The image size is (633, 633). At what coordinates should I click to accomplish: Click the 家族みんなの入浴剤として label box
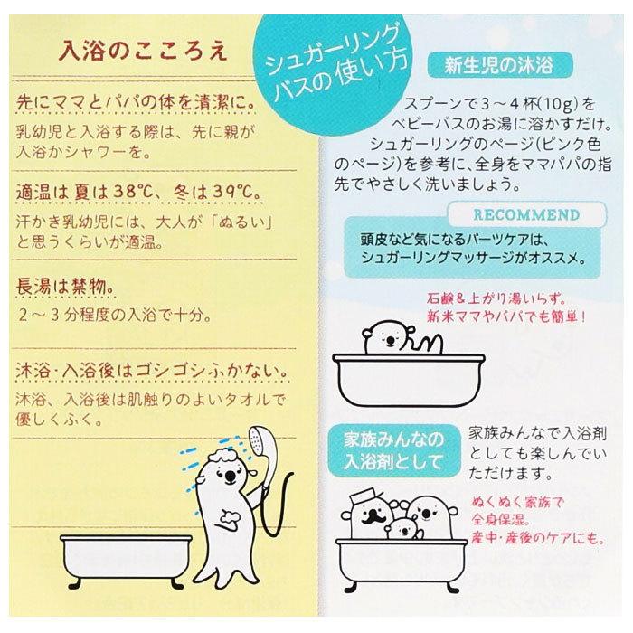pos(394,447)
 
